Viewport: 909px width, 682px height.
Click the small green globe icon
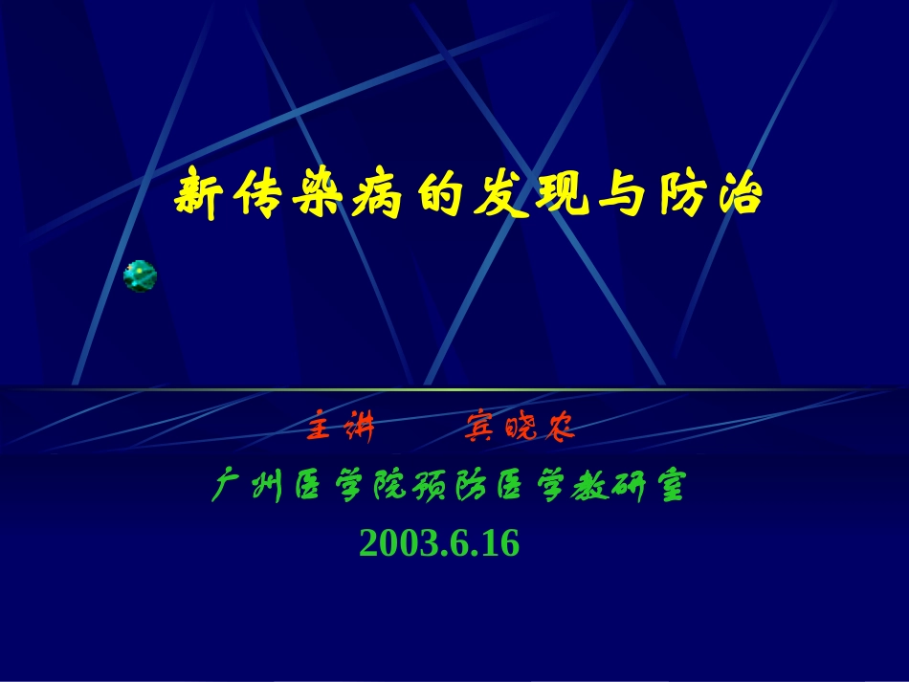click(141, 276)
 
